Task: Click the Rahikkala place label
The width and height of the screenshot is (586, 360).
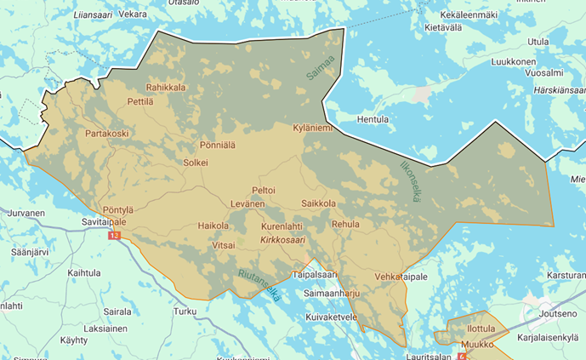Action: click(166, 87)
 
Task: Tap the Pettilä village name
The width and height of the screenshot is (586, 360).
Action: click(139, 102)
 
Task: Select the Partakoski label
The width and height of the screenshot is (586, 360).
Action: click(106, 134)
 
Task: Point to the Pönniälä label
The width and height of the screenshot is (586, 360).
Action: click(218, 146)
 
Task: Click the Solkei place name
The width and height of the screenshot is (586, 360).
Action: click(195, 162)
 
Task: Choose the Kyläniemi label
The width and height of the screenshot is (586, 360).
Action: click(315, 128)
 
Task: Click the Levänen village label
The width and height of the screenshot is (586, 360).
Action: click(247, 204)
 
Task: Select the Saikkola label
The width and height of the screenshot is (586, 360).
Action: click(319, 204)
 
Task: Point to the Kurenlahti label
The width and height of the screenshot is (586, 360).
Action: click(282, 226)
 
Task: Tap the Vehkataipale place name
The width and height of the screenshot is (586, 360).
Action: click(401, 277)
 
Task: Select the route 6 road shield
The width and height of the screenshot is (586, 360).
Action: click(461, 357)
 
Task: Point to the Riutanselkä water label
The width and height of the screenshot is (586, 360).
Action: click(259, 285)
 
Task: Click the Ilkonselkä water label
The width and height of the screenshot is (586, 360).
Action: click(410, 180)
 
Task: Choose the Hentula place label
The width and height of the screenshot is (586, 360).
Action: click(373, 120)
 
